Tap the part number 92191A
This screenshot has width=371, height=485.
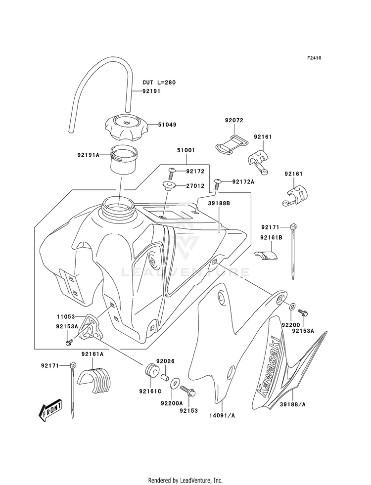(89, 155)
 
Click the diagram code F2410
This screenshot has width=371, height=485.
(314, 58)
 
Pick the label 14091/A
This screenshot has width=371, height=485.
(223, 415)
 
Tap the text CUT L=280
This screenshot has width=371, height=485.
(159, 83)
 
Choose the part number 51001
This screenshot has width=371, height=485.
(185, 151)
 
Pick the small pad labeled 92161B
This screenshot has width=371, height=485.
(266, 255)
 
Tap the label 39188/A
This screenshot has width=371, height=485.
(293, 404)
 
